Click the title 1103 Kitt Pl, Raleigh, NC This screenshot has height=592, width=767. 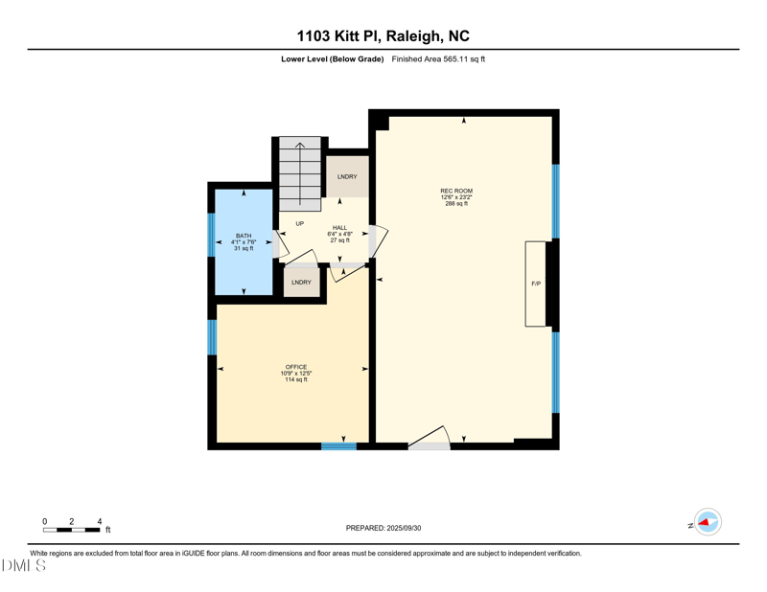coord(383,36)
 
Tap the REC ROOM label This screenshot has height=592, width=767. coord(456,191)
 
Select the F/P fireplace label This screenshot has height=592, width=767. coord(536,285)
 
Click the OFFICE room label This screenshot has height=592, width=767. coord(294,367)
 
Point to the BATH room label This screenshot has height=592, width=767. coord(244,236)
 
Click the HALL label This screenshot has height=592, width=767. coord(339,228)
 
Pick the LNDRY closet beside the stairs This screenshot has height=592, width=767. coord(347,177)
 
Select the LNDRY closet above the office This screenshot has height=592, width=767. coord(302,283)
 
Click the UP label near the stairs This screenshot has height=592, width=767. coord(299,223)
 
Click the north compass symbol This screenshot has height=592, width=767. coord(708,522)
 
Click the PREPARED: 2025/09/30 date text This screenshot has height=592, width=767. coord(383,528)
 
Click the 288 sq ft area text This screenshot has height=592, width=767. coord(456,204)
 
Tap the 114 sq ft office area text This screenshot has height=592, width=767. coord(294,379)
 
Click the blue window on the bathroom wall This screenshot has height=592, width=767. coord(211,235)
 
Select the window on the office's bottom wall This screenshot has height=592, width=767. coord(338,445)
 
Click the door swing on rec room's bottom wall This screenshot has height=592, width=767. coord(429,439)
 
